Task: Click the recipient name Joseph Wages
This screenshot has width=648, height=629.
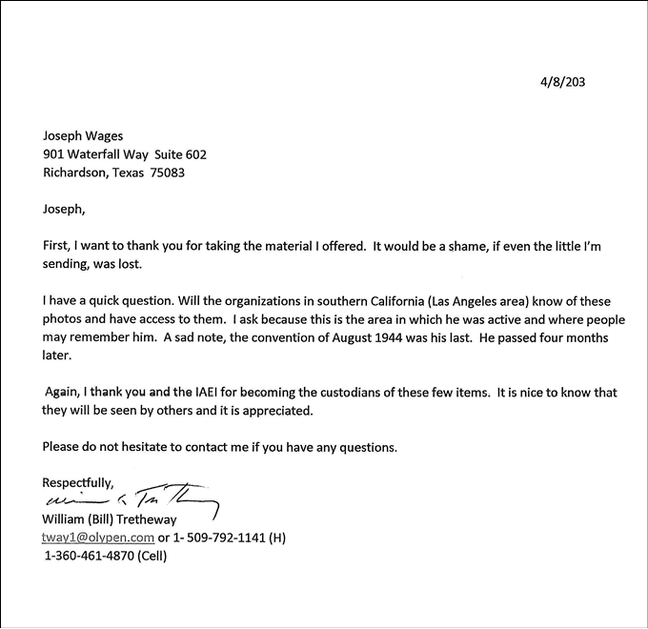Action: tap(84, 136)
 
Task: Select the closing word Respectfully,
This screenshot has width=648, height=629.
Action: tap(78, 482)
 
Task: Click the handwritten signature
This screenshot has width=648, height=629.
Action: tap(132, 500)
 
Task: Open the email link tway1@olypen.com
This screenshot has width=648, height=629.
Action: tap(98, 538)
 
